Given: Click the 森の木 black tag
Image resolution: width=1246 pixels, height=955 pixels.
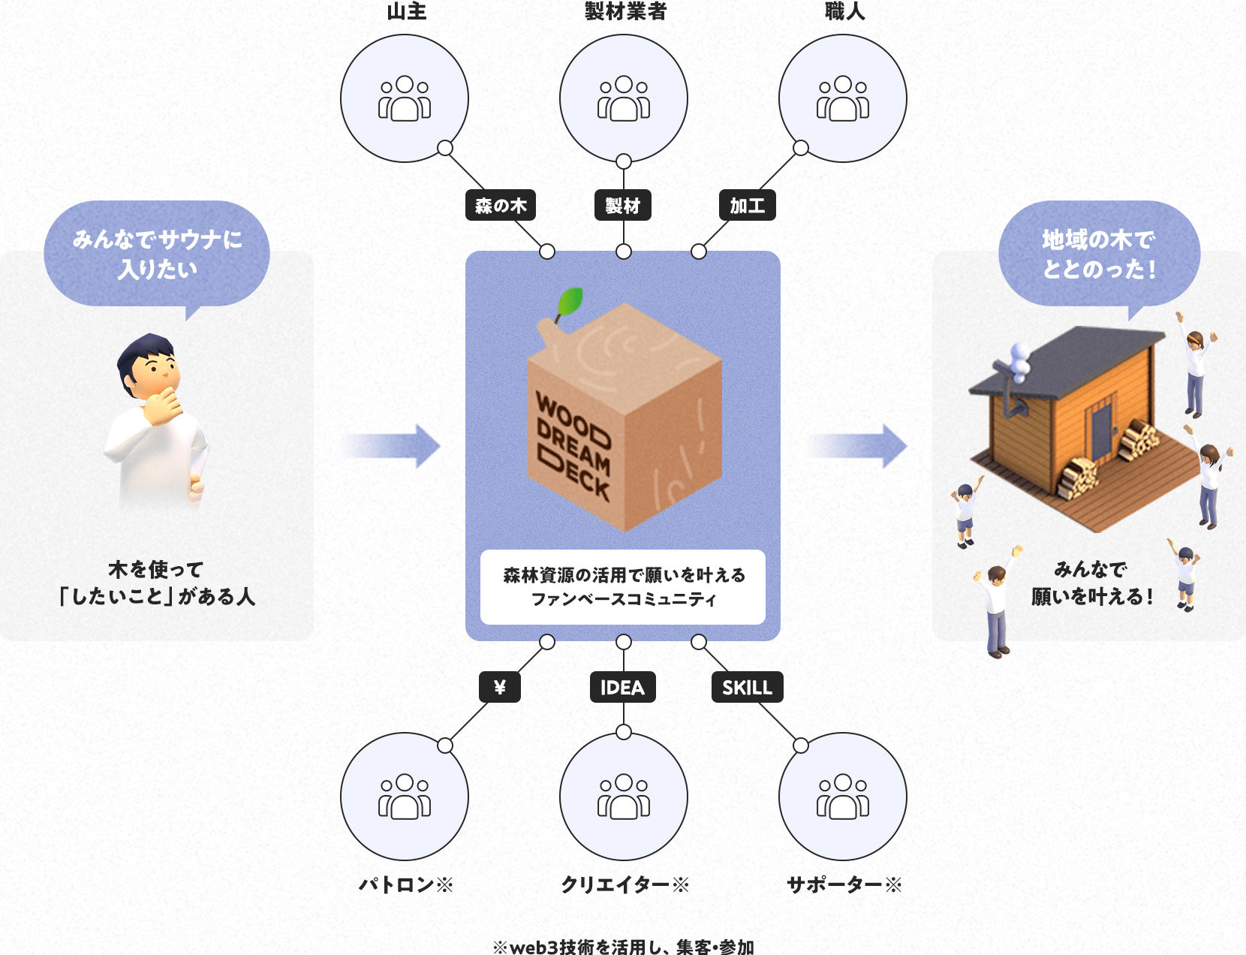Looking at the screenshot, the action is [x=501, y=205].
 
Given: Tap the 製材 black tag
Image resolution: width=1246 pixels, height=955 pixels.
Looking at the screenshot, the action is [x=623, y=205].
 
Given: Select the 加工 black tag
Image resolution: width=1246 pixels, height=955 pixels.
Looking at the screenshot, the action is [x=747, y=205].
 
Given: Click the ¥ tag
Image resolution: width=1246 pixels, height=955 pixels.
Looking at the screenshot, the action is [x=499, y=686].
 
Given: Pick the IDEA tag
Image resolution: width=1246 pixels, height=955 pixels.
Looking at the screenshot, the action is [x=623, y=686].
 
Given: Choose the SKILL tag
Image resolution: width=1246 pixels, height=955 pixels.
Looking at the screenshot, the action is [x=747, y=686].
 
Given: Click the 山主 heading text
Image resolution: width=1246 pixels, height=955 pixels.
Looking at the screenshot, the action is [x=407, y=11].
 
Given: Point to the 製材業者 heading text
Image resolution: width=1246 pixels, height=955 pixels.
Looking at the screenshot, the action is [x=625, y=11].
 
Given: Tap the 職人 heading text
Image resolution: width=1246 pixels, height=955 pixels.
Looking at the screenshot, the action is [x=844, y=11].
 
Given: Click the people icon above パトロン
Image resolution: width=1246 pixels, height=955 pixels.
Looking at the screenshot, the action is [x=405, y=796].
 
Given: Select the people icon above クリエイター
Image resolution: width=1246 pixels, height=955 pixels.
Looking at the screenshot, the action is [x=623, y=796].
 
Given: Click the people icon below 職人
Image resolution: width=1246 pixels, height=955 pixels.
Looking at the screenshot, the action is [x=842, y=98].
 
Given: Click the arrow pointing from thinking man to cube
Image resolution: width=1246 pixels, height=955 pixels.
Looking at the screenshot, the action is [x=393, y=446].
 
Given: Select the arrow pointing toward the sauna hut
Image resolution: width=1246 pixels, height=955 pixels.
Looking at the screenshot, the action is [x=859, y=446].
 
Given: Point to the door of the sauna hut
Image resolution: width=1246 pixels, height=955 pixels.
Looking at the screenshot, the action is [x=1101, y=432].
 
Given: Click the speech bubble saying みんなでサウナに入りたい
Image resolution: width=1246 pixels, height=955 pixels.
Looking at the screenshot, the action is [x=157, y=255].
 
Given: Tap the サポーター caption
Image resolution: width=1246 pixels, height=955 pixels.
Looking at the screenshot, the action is [x=844, y=885].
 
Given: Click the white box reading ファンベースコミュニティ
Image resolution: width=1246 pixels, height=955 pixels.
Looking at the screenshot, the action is [x=623, y=587].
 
